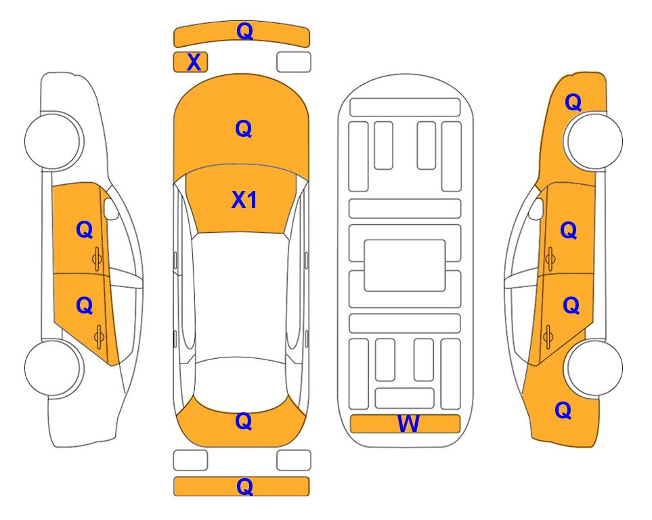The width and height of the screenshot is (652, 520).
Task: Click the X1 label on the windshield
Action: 244,200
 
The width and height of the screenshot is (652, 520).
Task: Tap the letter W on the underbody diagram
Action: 408,424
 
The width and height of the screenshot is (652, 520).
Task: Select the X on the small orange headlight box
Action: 194,62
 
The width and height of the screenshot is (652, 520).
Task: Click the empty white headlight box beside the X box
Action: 294,62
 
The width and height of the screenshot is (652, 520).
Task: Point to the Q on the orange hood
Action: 244,129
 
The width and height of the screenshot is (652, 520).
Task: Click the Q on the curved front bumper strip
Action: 244,30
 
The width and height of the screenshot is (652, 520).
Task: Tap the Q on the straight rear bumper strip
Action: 244,486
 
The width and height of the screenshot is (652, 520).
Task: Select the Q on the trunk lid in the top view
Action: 244,421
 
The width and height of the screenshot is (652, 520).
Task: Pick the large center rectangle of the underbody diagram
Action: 405,265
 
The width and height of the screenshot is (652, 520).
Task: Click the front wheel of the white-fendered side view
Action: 53,141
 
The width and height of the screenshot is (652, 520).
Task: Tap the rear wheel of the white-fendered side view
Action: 53,368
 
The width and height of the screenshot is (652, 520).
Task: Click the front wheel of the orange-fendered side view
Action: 594,141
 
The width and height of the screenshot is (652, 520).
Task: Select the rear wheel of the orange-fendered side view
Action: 594,368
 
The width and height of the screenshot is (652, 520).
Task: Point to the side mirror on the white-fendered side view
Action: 110,209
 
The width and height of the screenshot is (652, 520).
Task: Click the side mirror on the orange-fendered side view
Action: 536,209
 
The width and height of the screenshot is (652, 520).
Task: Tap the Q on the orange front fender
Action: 573,102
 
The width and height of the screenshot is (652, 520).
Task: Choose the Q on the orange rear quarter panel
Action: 563,410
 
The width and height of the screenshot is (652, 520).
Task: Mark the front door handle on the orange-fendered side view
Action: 550,259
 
